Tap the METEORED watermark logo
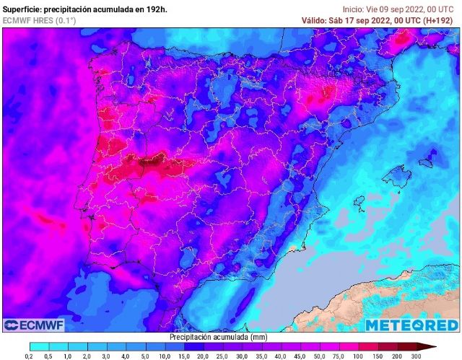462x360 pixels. [411, 325]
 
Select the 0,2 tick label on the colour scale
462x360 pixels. [29, 356]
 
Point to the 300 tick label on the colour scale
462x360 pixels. [416, 356]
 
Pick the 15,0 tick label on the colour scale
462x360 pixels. [183, 356]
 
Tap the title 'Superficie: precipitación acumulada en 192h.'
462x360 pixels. [84, 9]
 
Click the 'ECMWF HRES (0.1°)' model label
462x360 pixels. [39, 20]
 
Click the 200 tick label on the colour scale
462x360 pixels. [396, 356]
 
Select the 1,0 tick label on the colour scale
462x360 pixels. [67, 356]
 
